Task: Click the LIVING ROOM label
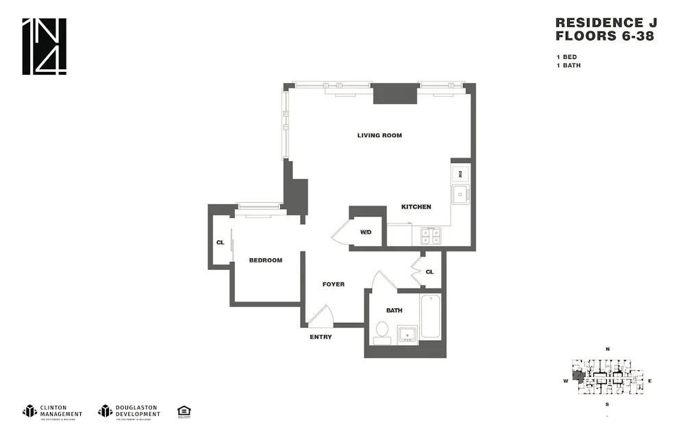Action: click(379, 136)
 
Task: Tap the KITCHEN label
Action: click(416, 207)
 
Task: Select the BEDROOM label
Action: click(265, 260)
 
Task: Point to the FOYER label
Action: click(334, 284)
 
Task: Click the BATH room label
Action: click(394, 311)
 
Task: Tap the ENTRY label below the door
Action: click(321, 337)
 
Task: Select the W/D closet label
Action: click(366, 232)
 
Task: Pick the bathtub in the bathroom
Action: click(430, 316)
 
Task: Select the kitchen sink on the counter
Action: click(459, 194)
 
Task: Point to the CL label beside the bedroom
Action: click(220, 243)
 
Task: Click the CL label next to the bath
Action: click(429, 272)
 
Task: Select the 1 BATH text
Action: click(569, 66)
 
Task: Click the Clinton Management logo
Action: click(53, 411)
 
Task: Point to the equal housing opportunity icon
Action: click(184, 411)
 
